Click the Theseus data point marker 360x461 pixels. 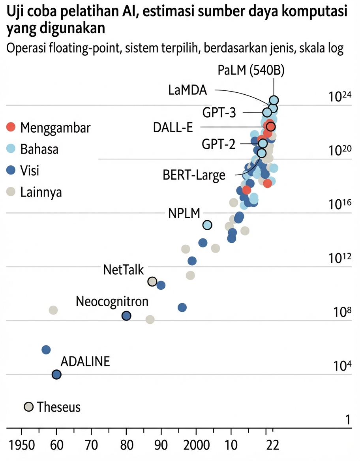[28, 407]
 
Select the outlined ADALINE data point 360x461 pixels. [56, 374]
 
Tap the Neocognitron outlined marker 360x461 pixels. [126, 316]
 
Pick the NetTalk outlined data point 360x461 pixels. [152, 281]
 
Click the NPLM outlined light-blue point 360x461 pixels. [207, 225]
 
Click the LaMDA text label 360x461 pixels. [187, 90]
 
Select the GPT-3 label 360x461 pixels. [219, 113]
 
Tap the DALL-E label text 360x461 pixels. [176, 127]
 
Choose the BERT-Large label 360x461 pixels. [194, 174]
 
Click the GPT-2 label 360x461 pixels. [218, 144]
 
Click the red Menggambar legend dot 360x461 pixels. [11, 127]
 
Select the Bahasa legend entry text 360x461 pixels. [39, 149]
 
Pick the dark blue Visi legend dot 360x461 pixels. [11, 171]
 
